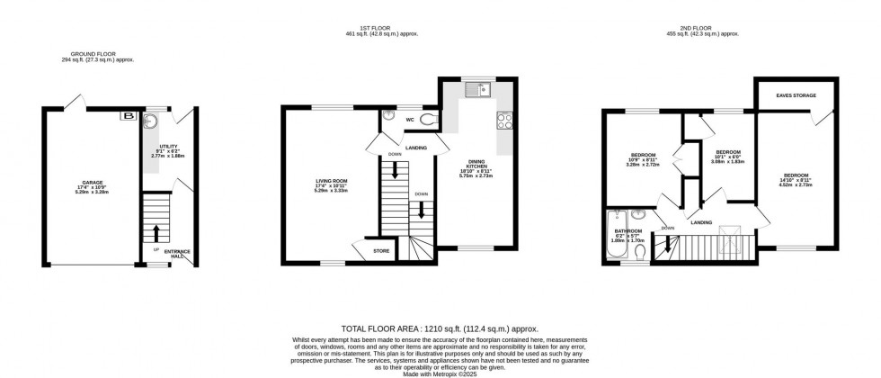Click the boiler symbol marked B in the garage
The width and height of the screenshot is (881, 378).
(128, 115)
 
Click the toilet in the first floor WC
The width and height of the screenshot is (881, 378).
(427, 119)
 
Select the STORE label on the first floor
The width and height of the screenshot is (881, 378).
(381, 250)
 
